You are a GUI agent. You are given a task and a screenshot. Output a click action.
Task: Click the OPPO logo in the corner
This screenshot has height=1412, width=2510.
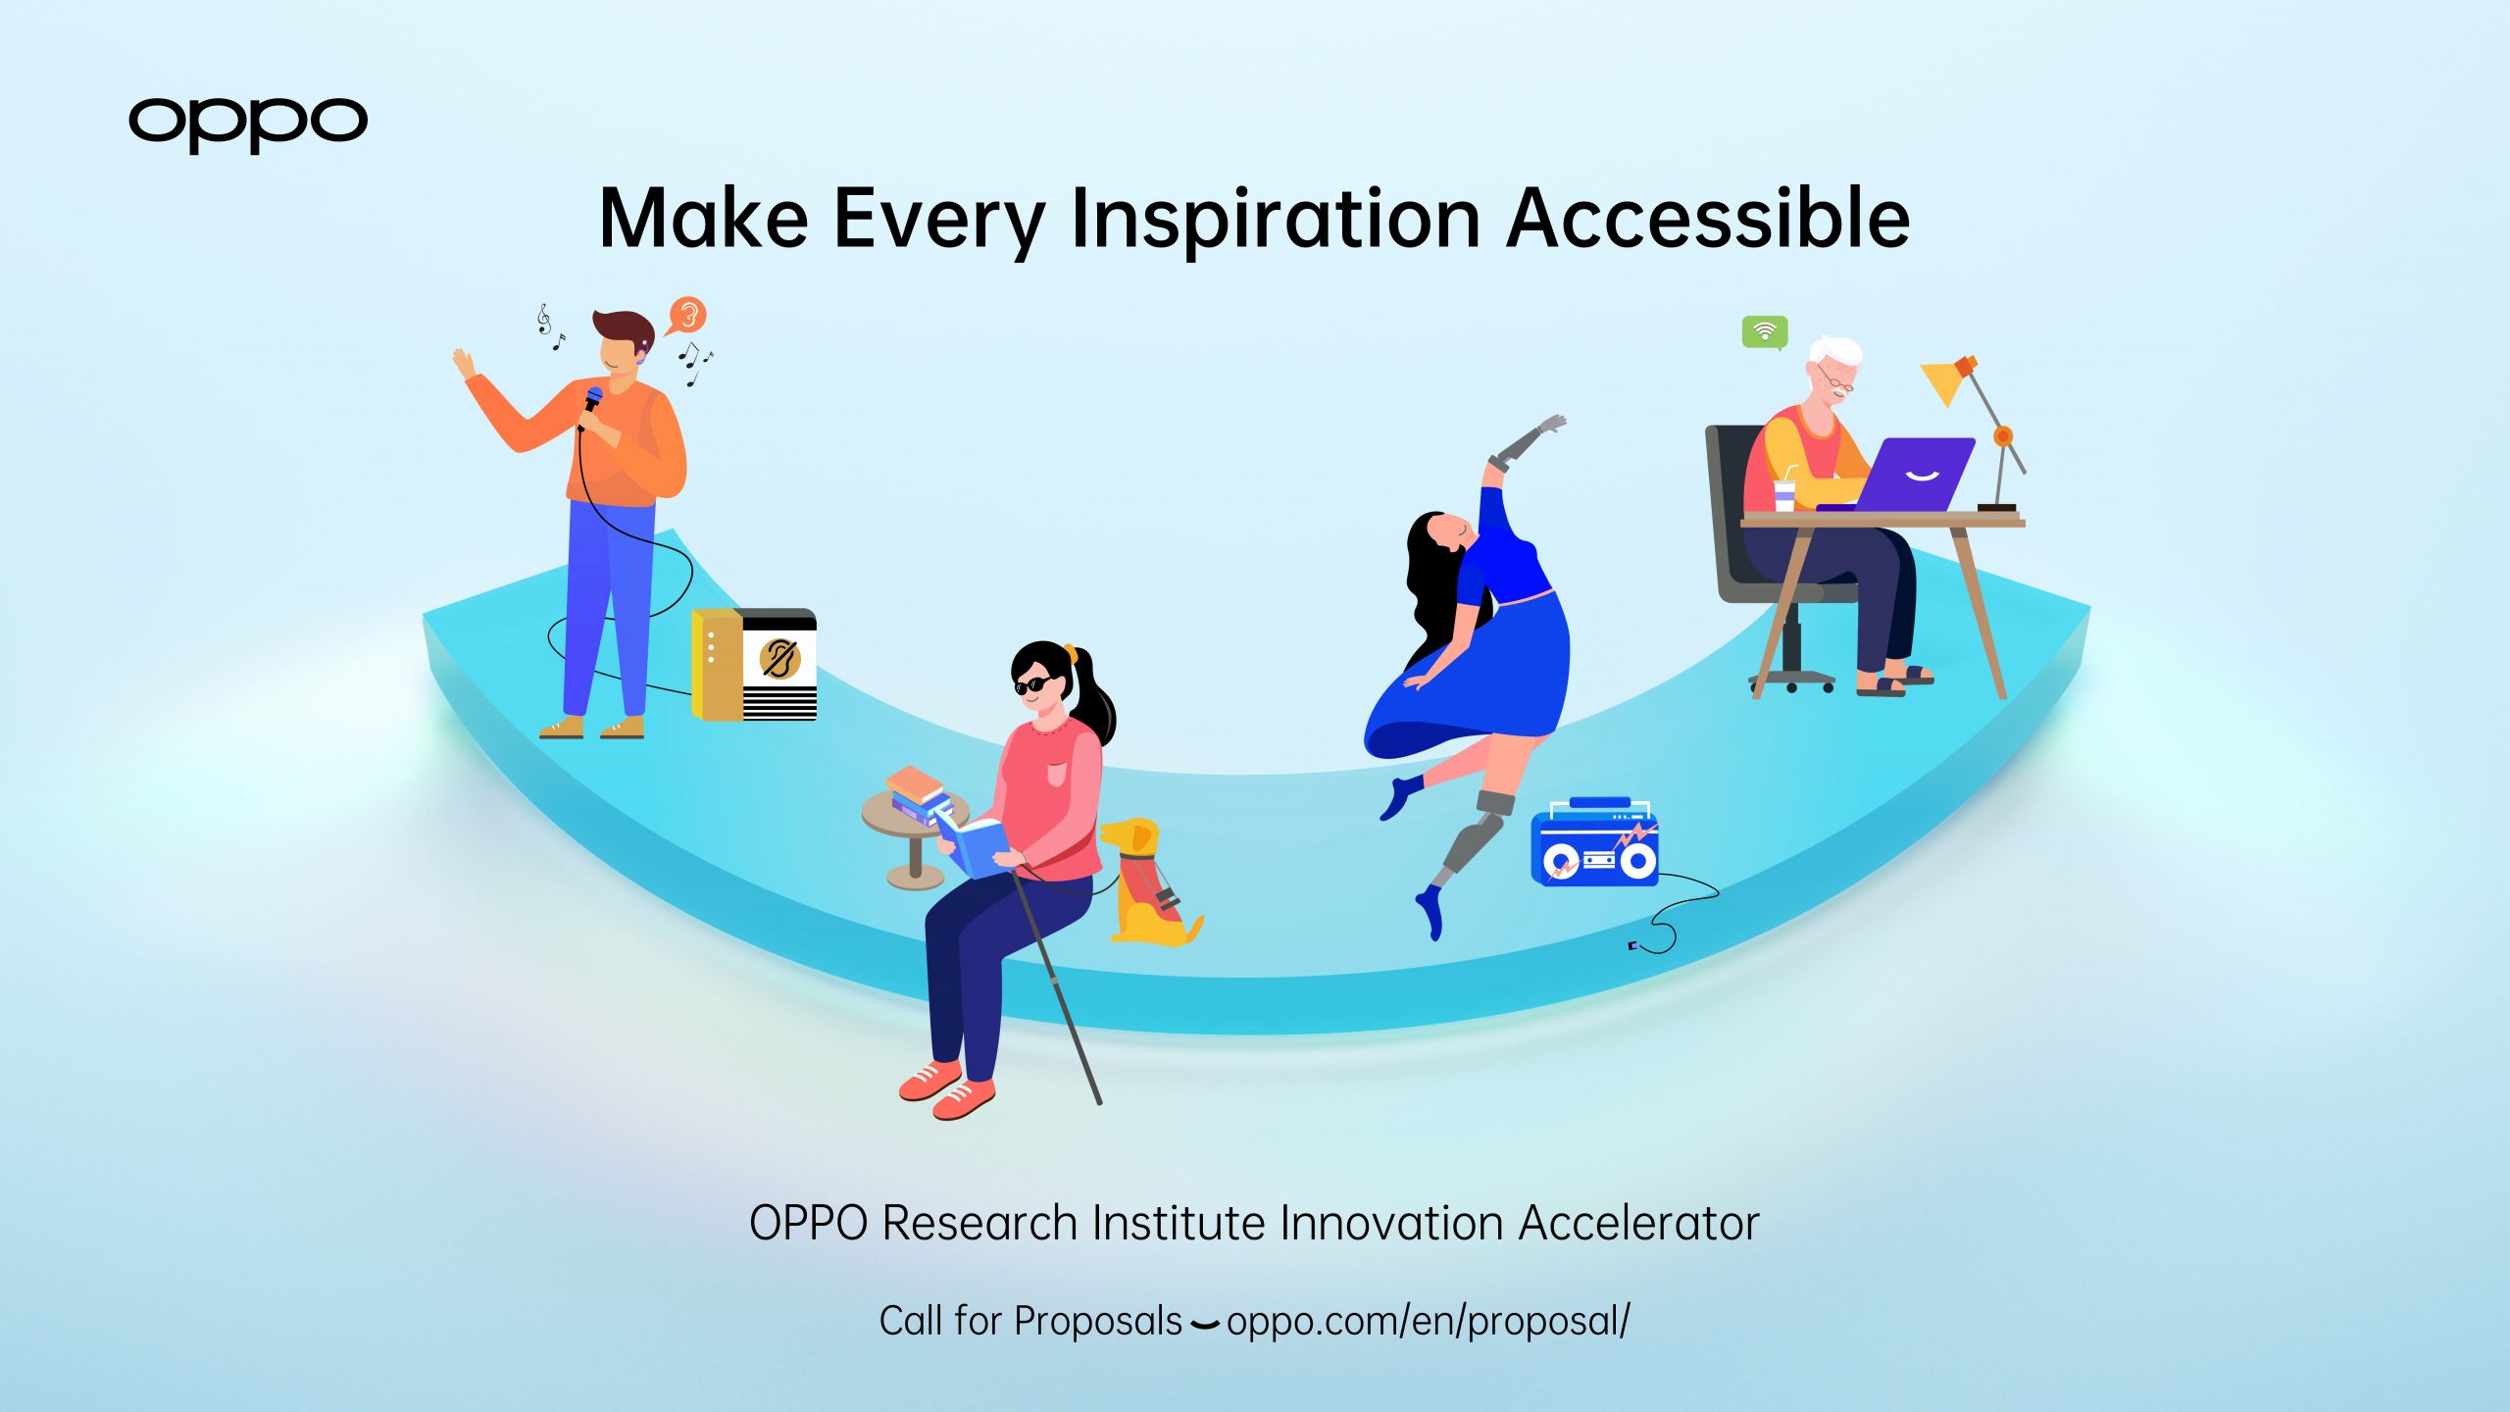248,124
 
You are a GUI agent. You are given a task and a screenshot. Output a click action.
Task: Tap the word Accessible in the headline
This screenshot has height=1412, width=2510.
1708,218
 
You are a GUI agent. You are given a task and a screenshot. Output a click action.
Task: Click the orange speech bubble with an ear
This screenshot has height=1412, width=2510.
687,316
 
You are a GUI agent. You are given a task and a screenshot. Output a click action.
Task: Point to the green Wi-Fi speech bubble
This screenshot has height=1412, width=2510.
1765,332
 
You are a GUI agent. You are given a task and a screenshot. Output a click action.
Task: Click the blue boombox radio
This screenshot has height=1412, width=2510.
1594,842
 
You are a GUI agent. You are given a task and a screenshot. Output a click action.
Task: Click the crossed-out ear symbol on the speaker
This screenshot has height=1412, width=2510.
779,659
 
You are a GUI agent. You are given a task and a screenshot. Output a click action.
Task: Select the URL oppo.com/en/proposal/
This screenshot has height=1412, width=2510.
1429,1322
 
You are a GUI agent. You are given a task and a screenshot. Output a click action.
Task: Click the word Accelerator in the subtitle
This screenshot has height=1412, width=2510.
1639,1223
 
